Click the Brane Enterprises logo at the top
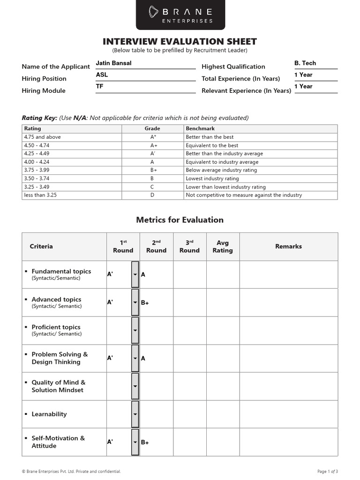pyautogui.click(x=180, y=15)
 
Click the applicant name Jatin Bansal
pyautogui.click(x=113, y=63)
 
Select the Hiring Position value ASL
pyautogui.click(x=102, y=75)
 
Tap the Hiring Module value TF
pyautogui.click(x=100, y=87)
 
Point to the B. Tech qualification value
pyautogui.click(x=305, y=63)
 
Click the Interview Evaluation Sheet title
pyautogui.click(x=180, y=42)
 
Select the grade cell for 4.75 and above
pyautogui.click(x=153, y=137)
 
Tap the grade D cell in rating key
pyautogui.click(x=152, y=195)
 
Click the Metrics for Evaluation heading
pyautogui.click(x=180, y=220)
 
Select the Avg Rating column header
pyautogui.click(x=223, y=247)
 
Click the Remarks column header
pyautogui.click(x=288, y=247)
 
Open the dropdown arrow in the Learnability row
pyautogui.click(x=135, y=414)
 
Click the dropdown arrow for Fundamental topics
pyautogui.click(x=135, y=275)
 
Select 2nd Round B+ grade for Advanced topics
pyautogui.click(x=145, y=303)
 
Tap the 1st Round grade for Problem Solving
pyautogui.click(x=110, y=358)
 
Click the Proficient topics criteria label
pyautogui.click(x=56, y=327)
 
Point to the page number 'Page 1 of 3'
pyautogui.click(x=328, y=471)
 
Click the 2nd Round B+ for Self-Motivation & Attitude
pyautogui.click(x=145, y=442)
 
